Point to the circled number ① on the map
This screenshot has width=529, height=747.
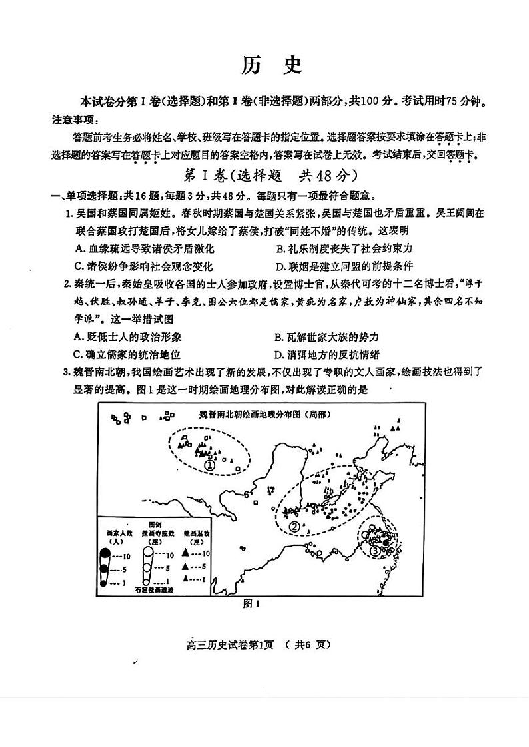[210, 465]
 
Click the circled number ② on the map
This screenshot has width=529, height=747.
[294, 527]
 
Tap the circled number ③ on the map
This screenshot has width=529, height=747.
[375, 550]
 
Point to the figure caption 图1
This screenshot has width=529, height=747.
[251, 605]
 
